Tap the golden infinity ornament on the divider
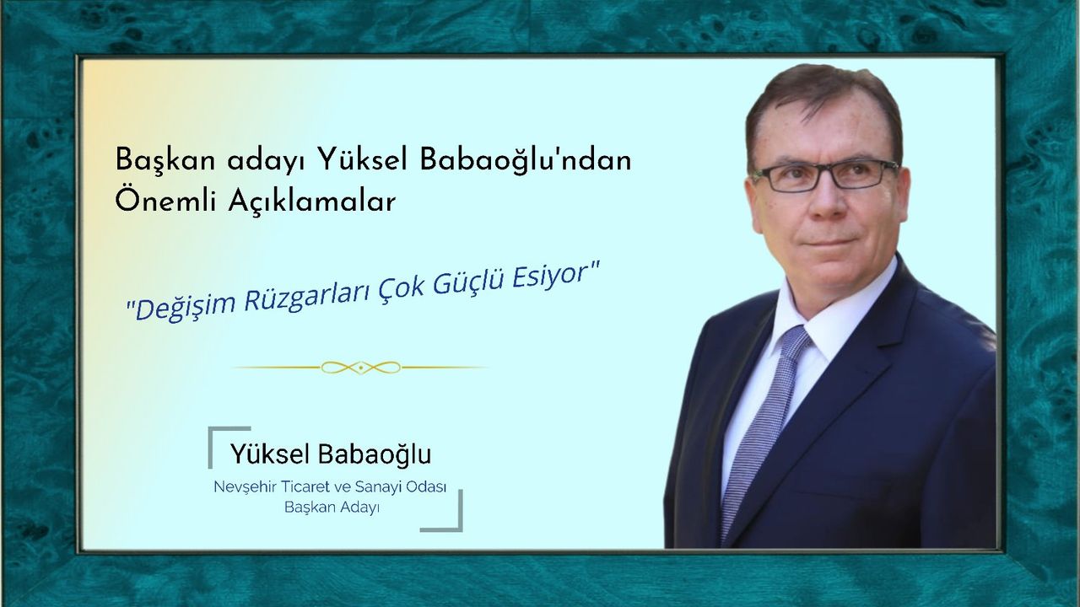tap(360, 368)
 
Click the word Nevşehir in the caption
tap(244, 487)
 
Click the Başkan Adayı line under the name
tap(332, 508)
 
